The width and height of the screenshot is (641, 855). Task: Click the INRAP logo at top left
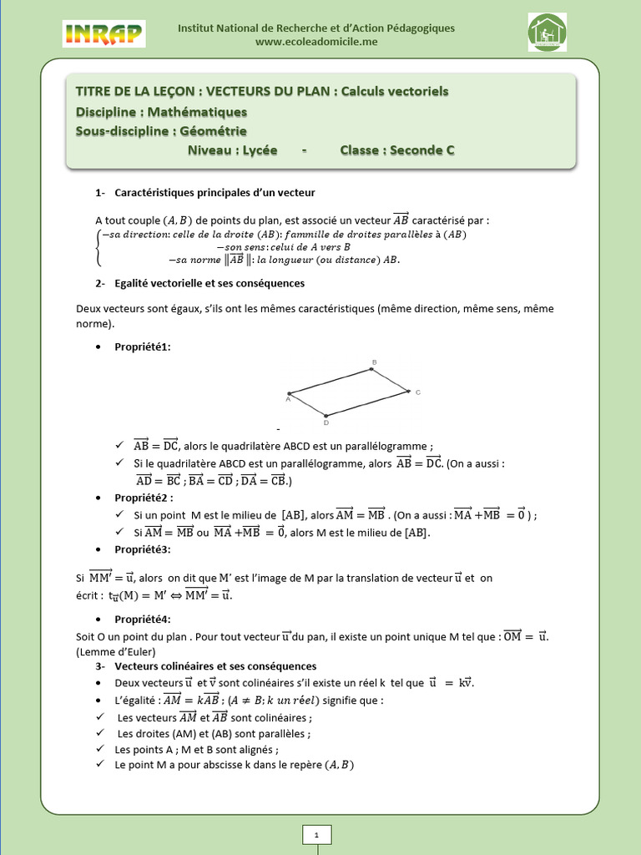[x=103, y=33]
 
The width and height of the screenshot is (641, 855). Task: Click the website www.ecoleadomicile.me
[x=316, y=42]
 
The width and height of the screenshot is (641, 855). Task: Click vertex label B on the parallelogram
[x=374, y=362]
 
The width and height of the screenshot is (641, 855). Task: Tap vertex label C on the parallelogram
[x=417, y=392]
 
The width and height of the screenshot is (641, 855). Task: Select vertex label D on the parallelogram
[x=326, y=422]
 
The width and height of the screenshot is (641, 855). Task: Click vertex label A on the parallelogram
[x=287, y=399]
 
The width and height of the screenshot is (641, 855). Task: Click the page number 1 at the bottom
[x=317, y=834]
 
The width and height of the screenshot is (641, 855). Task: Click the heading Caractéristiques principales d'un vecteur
[x=215, y=193]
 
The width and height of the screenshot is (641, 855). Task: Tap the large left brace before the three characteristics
[x=99, y=247]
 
